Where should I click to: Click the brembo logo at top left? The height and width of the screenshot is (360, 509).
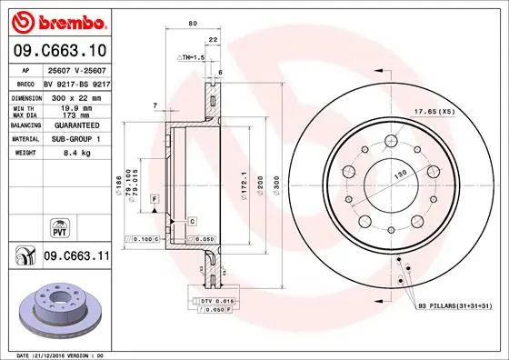pyautogui.click(x=58, y=21)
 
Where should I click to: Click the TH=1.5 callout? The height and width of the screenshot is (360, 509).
pyautogui.click(x=191, y=56)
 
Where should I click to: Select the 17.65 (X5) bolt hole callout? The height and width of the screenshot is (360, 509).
pyautogui.click(x=460, y=114)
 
